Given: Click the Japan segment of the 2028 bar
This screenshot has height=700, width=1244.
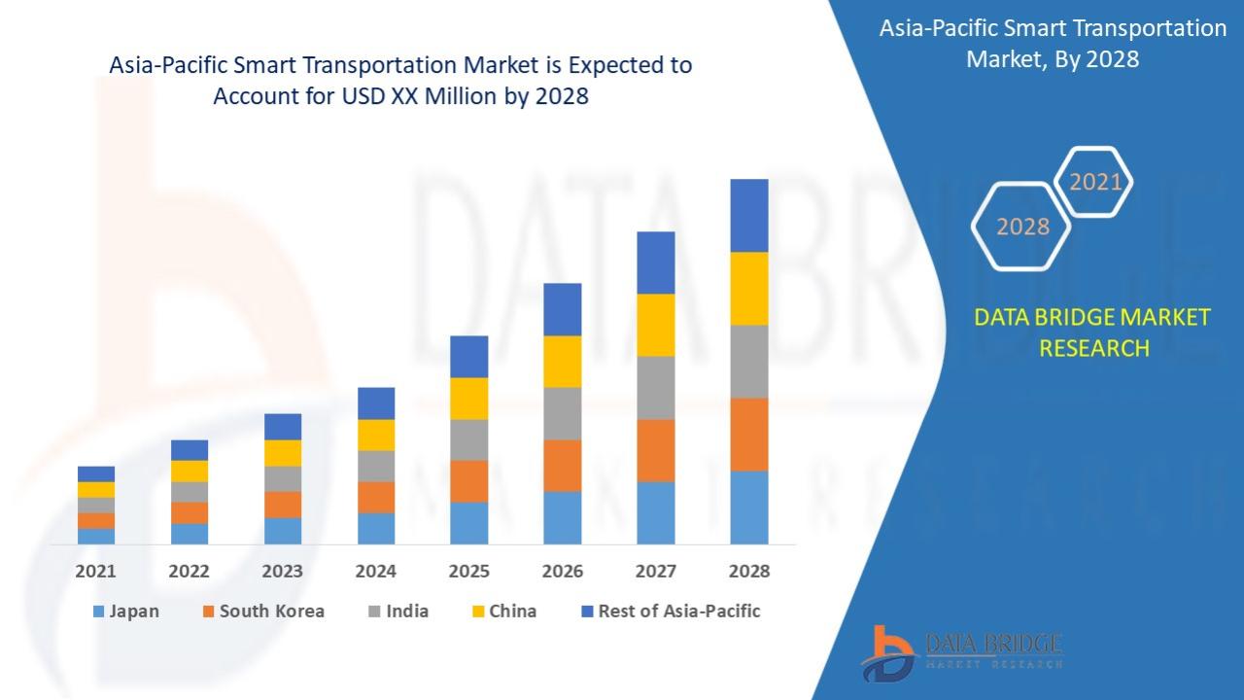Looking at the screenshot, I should pos(749,507).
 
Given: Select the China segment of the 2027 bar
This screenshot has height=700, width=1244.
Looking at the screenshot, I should pos(656,325).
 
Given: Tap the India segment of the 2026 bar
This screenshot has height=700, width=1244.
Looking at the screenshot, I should pos(563,413).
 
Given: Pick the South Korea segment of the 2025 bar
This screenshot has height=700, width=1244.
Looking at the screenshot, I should pos(469,481).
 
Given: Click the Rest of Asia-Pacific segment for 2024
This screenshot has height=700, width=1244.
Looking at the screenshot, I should pos(376,403).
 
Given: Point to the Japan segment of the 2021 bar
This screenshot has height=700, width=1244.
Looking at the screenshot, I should pos(96,536).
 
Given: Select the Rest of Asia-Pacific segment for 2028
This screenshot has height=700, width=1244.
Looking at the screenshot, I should pos(749,216).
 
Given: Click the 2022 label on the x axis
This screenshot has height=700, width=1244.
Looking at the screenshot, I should pos(189,572).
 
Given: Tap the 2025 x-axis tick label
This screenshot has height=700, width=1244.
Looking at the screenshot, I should pos(469,572).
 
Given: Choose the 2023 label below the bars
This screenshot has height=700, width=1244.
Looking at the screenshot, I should pos(282,572).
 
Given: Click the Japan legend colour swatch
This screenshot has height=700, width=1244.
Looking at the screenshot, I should pos(98,612).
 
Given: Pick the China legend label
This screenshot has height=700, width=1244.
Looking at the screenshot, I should pos(512,612).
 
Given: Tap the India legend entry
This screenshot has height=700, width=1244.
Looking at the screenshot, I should pos(406,612).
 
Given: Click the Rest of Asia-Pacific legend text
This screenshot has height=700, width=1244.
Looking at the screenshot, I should pos(678,612).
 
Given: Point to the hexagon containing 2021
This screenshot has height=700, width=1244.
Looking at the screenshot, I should pos(1094,182).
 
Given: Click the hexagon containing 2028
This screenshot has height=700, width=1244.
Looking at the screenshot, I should pos(1022,227).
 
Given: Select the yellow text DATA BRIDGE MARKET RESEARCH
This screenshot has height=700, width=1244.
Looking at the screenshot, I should pos(1093,332).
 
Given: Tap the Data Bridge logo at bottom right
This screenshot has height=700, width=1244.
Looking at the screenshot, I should pos(961,650).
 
